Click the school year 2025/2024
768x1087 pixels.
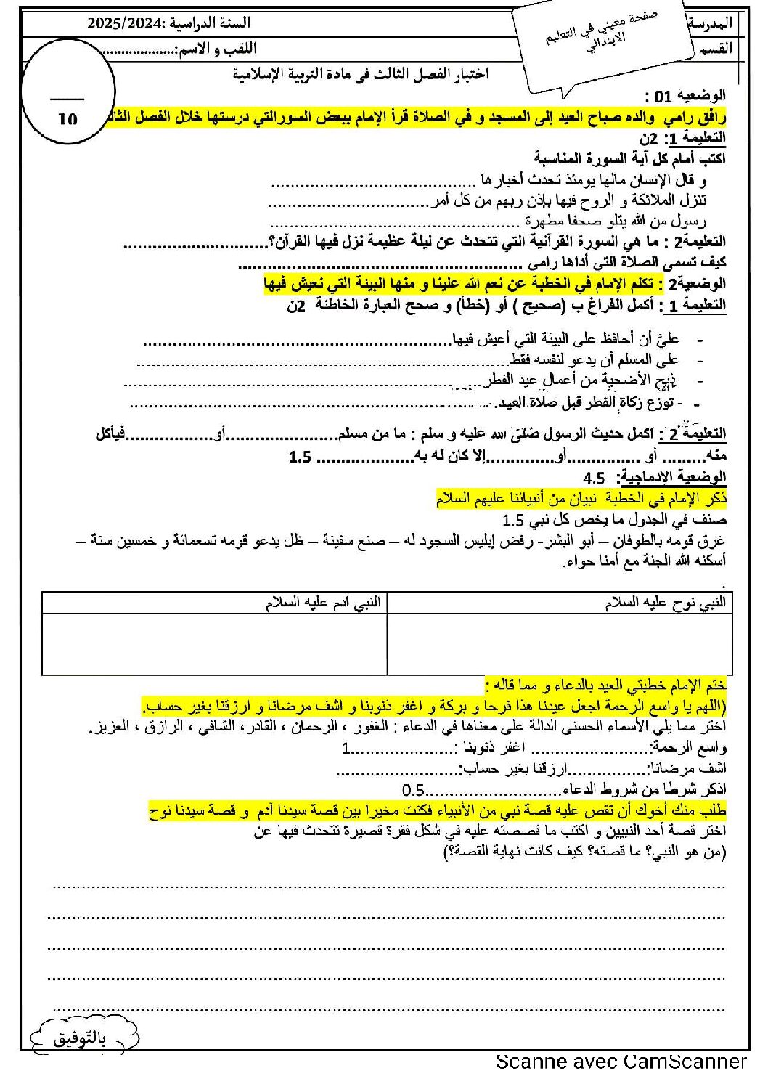click(x=127, y=23)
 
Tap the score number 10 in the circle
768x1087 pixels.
click(x=68, y=119)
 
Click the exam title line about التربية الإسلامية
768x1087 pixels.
click(x=360, y=73)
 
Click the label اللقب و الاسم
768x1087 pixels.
click(x=216, y=49)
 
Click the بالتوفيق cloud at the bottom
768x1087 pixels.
click(x=80, y=1038)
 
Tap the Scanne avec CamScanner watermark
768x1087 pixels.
click(x=621, y=1062)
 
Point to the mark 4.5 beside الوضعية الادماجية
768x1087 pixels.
click(x=593, y=477)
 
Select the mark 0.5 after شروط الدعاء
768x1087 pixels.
click(x=413, y=790)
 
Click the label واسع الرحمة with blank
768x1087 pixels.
click(x=689, y=747)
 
